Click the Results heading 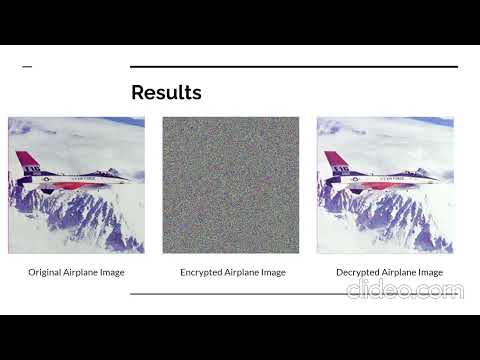[x=166, y=93]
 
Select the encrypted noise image [x=231, y=185]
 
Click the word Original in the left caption [x=44, y=272]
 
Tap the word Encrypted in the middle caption [x=200, y=272]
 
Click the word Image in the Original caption [x=112, y=272]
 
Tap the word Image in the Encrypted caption [x=272, y=272]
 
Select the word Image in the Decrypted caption [x=430, y=272]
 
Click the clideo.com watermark [x=405, y=291]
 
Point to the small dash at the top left [x=27, y=67]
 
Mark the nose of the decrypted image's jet [x=437, y=181]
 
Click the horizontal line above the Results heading [x=294, y=67]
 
